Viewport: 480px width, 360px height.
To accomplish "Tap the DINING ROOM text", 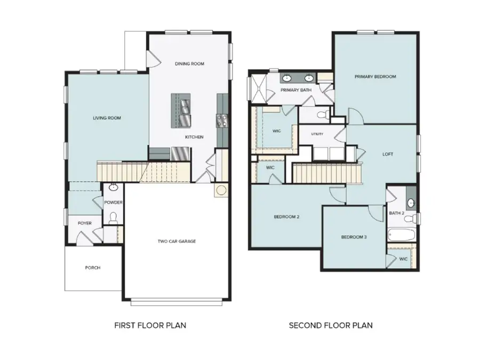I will [x=189, y=64].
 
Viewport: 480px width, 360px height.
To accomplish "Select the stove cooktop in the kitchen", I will [x=222, y=121].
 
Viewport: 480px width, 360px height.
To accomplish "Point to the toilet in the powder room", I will [x=113, y=217].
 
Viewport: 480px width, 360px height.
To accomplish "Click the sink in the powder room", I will [x=113, y=188].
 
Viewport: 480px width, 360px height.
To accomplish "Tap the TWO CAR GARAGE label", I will [x=177, y=241].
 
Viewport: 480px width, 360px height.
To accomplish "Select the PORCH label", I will [x=92, y=268].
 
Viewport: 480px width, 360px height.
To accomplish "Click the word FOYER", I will [x=85, y=222].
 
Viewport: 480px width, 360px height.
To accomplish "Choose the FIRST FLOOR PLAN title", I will [x=150, y=325].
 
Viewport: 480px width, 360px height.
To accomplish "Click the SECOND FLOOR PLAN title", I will [x=331, y=325].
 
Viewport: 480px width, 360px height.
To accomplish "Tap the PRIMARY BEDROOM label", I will [x=375, y=77].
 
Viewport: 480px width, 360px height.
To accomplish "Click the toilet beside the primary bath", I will [x=322, y=115].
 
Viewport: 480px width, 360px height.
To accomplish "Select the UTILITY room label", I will [x=317, y=134].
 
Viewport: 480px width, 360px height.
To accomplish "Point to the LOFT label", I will [x=388, y=154].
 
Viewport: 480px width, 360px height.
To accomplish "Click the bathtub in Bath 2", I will [x=402, y=235].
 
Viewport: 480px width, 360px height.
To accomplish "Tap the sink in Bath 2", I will [x=411, y=203].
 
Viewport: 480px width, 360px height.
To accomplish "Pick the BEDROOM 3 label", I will [x=354, y=237].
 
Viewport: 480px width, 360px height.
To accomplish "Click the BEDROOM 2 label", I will [x=286, y=217].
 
